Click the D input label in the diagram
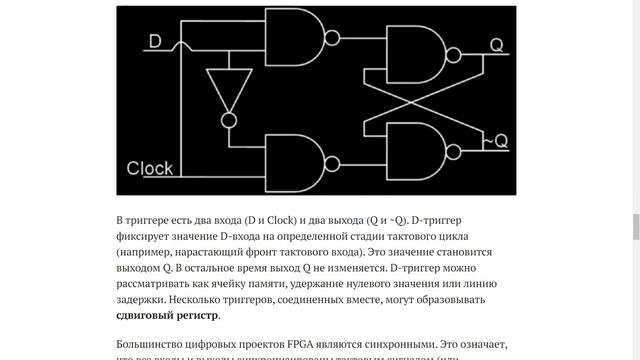click(155, 41)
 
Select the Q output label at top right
click(496, 44)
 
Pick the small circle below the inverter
click(229, 119)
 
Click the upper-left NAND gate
click(294, 38)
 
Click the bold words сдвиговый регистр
click(168, 316)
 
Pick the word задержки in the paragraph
click(141, 300)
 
